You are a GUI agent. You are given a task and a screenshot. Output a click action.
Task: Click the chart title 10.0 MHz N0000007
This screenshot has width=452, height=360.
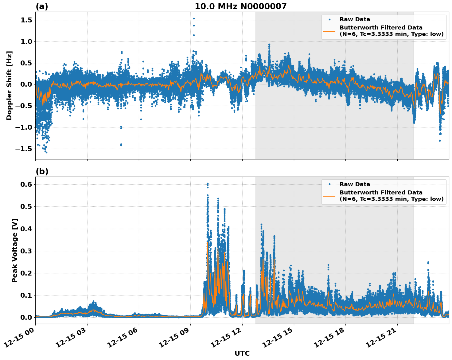[240, 6]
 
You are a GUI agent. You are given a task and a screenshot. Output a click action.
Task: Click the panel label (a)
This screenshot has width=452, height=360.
[42, 6]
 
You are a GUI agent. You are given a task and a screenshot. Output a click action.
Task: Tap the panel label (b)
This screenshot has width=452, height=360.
[42, 171]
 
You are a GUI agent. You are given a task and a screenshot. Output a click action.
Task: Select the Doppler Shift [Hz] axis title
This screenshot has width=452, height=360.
[9, 85]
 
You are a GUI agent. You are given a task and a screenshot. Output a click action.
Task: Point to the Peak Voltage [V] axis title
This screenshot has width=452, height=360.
[15, 250]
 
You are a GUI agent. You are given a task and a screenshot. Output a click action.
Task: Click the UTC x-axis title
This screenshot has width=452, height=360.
[242, 353]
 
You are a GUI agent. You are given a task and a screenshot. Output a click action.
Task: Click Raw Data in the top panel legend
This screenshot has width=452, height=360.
[355, 19]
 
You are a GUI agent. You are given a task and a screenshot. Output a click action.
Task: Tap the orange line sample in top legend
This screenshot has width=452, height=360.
[329, 31]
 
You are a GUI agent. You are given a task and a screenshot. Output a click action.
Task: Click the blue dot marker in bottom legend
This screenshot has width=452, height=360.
[329, 184]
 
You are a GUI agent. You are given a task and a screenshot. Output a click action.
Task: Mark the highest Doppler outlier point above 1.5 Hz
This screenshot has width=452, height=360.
[194, 18]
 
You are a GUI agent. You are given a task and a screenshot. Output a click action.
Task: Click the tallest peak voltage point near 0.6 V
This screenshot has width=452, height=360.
[208, 184]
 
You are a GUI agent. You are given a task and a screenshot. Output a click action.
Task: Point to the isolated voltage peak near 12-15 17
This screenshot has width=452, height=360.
[328, 265]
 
